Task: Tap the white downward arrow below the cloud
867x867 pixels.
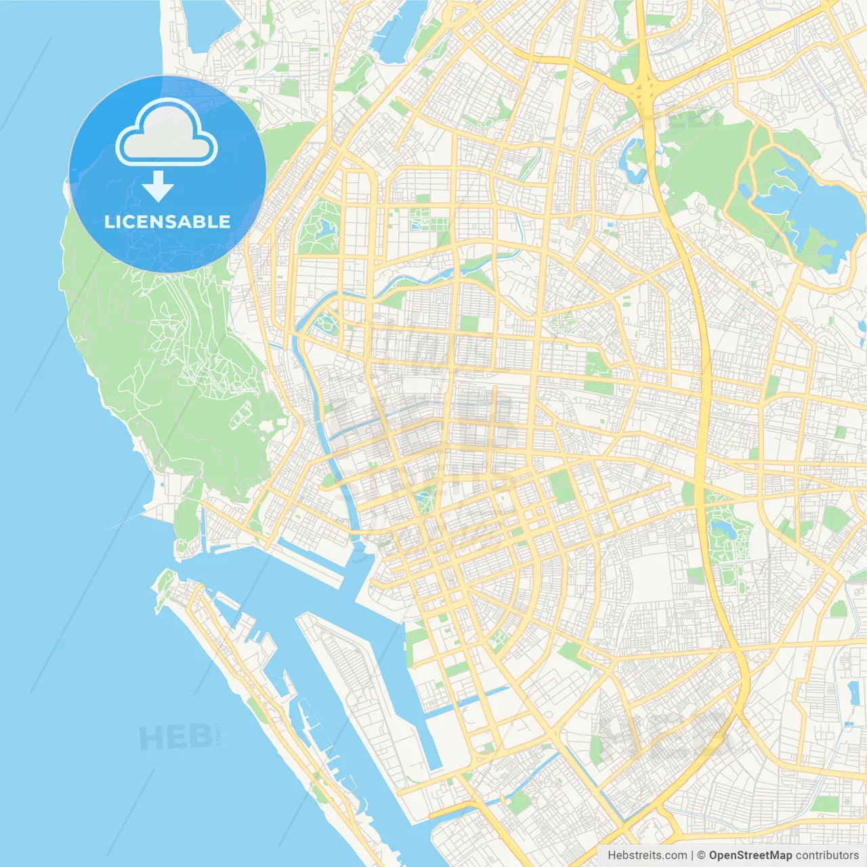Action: (158, 186)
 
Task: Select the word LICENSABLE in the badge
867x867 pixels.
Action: (167, 222)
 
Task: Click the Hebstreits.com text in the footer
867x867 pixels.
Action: (647, 855)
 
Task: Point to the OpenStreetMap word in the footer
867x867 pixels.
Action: (750, 855)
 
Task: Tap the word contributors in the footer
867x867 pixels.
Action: (827, 855)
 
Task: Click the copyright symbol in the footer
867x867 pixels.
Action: (701, 855)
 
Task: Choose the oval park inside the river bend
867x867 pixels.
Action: (327, 324)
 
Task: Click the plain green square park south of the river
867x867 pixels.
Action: (469, 323)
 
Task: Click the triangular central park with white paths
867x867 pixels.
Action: (426, 502)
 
